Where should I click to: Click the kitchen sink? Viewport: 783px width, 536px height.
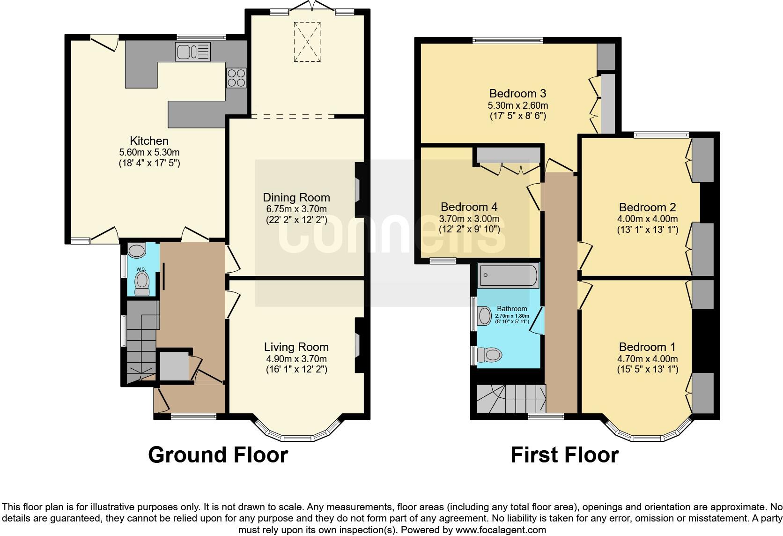(x=192, y=52)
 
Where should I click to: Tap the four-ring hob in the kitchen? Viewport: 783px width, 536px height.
(x=236, y=78)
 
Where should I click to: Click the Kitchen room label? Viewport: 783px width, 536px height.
(x=149, y=141)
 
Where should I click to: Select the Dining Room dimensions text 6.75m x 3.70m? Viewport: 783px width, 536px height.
(x=296, y=209)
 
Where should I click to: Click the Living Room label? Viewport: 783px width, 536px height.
(x=296, y=347)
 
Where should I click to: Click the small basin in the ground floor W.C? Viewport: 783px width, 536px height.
(x=137, y=251)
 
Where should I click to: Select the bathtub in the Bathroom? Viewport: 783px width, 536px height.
(x=508, y=275)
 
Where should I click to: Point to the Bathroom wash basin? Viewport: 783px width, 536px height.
(x=484, y=315)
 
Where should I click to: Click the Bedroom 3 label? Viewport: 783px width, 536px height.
(x=517, y=93)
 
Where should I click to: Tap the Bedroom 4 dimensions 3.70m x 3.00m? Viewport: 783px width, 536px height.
(x=469, y=219)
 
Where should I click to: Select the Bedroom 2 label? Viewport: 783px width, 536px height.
(x=647, y=208)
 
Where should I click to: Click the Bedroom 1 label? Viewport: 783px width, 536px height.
(x=647, y=347)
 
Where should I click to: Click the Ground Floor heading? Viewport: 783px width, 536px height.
(x=218, y=455)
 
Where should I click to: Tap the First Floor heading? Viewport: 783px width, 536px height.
(x=564, y=455)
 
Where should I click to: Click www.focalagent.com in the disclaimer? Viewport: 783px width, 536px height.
(x=500, y=530)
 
